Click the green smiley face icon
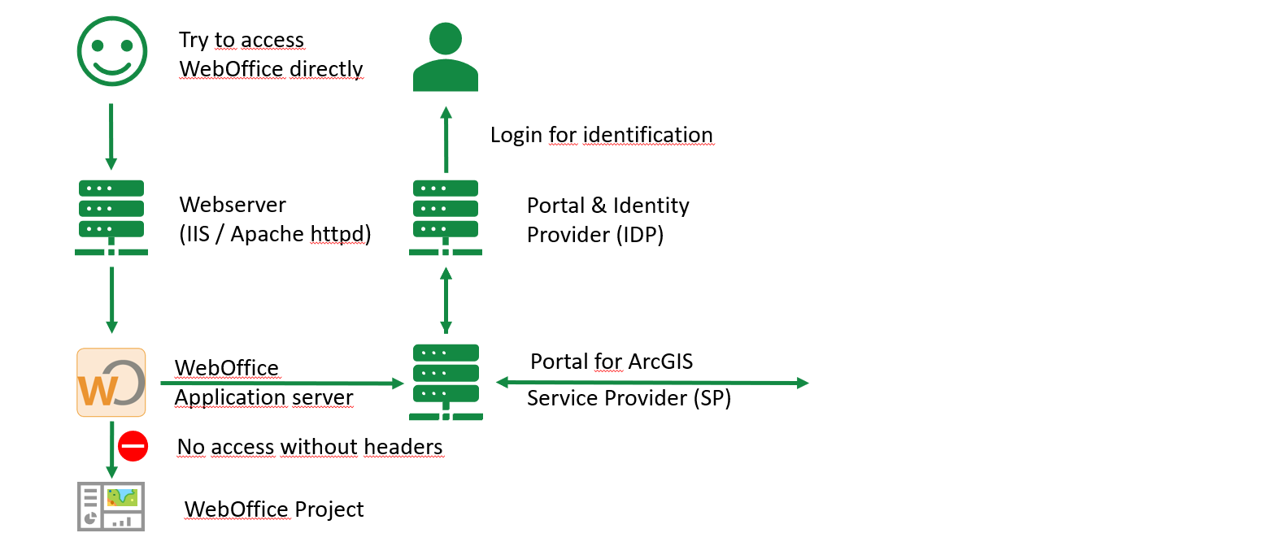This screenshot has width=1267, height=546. coord(111,50)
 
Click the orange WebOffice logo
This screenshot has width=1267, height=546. coord(111,383)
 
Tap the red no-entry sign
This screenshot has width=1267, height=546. coord(133,446)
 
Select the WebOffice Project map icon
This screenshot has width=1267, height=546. coord(111,506)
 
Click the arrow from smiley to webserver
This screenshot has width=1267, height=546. coord(111,136)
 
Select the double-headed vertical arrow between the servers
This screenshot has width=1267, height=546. coord(445,300)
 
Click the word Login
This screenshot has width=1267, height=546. coord(516,135)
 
